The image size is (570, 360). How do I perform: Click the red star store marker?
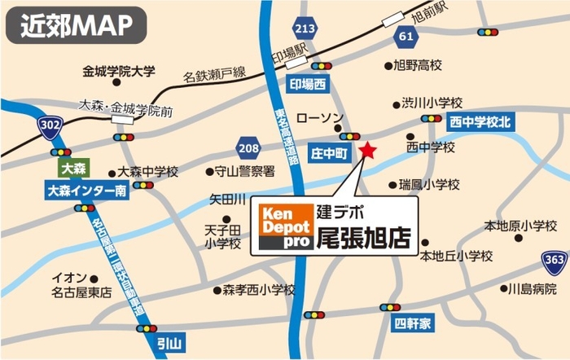[x=368, y=151]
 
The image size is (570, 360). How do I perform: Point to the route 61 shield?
[x=405, y=37]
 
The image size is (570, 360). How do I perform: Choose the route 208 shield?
[x=248, y=148]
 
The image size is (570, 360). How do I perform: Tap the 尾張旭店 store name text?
[x=362, y=239]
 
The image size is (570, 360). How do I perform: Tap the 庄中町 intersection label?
[x=330, y=152]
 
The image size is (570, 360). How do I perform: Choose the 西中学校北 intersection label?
[x=480, y=121]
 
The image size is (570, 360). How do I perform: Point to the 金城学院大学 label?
[x=119, y=72]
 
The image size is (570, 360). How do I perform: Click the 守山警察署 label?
[x=241, y=172]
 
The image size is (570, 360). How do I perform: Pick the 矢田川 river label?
[x=228, y=199]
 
